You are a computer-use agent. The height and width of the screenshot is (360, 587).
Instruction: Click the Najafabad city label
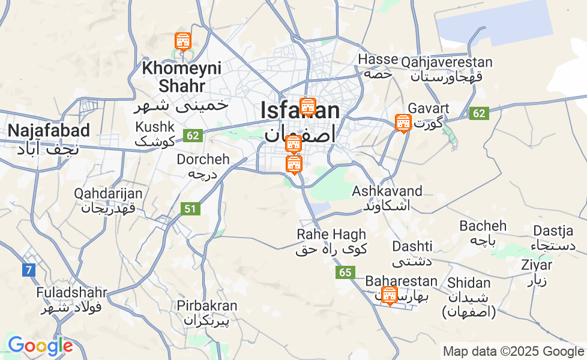click(x=49, y=131)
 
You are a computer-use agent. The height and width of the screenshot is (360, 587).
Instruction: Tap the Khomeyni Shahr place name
click(x=173, y=77)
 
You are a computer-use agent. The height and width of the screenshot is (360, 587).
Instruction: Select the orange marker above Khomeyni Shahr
click(x=182, y=42)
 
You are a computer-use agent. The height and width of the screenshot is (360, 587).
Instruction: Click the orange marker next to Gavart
click(x=403, y=123)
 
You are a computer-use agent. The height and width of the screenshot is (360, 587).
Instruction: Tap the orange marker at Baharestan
click(x=390, y=295)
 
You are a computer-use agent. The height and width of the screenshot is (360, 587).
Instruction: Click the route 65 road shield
click(x=345, y=272)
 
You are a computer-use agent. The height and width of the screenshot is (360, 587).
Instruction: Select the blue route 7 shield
click(x=28, y=270)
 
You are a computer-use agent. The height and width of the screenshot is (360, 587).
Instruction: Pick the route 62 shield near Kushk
click(x=192, y=136)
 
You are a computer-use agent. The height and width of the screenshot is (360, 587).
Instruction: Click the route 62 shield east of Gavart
click(x=480, y=113)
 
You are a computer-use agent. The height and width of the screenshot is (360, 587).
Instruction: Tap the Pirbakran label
click(x=207, y=306)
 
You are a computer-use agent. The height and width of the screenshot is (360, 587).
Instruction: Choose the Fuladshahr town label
click(x=71, y=293)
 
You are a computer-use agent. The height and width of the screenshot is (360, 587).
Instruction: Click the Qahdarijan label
click(x=109, y=194)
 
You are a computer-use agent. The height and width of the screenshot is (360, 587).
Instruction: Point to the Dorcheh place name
click(x=203, y=160)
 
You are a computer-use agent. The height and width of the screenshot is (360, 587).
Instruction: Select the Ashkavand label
click(x=387, y=191)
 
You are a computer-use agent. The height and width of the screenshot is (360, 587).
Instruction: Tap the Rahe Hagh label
click(x=331, y=235)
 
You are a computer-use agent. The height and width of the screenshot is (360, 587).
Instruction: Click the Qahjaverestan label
click(x=447, y=62)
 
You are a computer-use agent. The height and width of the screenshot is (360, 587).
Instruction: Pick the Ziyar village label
click(x=537, y=265)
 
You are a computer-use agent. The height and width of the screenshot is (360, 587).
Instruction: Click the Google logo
click(x=40, y=346)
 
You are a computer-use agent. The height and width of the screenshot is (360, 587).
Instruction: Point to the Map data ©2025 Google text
click(x=513, y=352)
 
